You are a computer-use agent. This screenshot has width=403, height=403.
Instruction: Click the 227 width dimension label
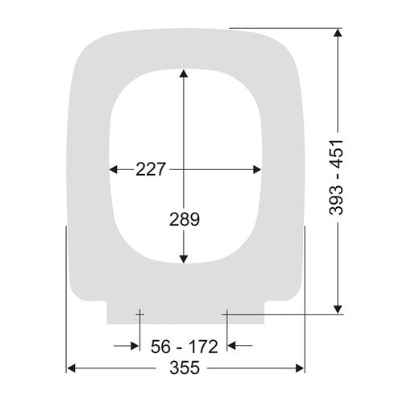(x=150, y=169)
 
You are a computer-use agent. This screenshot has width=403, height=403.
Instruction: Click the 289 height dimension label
(x=185, y=219)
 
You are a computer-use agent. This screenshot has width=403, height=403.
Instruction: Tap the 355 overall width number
(x=185, y=368)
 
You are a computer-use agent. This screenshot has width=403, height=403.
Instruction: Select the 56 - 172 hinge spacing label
(x=185, y=347)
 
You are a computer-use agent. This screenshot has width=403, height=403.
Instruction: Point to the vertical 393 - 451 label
(x=336, y=177)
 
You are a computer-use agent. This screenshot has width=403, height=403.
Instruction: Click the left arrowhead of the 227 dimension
(x=114, y=169)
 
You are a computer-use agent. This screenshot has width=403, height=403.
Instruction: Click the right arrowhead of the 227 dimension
(x=257, y=169)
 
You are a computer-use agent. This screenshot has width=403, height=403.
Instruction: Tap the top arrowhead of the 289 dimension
(x=184, y=73)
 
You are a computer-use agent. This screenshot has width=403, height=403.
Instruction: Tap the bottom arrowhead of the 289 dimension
(x=184, y=259)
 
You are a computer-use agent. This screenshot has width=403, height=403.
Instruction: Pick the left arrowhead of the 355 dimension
(x=71, y=368)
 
